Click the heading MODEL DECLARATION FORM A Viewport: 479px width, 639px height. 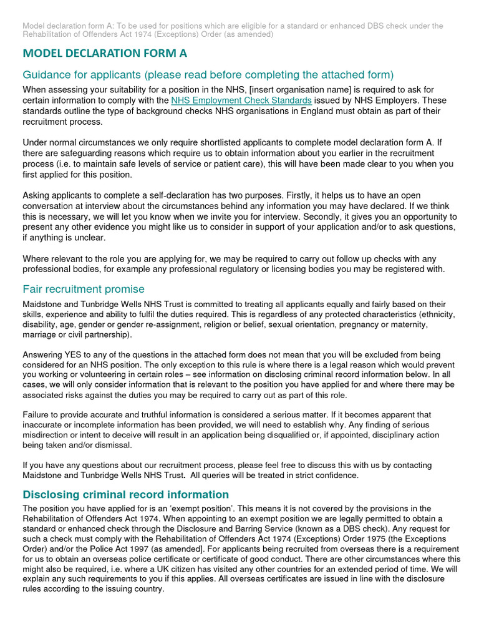coord(105,54)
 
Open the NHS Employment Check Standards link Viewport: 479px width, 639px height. coord(241,100)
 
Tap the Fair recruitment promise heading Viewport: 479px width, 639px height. coord(84,289)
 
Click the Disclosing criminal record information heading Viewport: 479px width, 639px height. coord(125,494)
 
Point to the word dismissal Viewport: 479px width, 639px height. coord(130,445)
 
